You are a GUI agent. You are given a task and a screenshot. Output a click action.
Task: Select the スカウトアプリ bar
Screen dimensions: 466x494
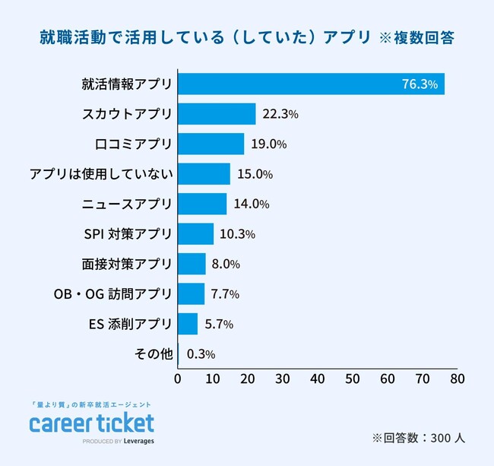217,114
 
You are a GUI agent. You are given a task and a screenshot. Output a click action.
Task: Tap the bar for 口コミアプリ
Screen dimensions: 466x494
211,144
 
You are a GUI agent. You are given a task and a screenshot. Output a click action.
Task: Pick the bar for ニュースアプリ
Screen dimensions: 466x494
202,204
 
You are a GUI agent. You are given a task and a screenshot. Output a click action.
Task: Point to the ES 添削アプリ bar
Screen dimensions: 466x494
188,324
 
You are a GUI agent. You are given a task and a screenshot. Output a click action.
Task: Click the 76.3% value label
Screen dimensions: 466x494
420,84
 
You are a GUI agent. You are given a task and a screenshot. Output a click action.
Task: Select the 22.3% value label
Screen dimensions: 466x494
280,114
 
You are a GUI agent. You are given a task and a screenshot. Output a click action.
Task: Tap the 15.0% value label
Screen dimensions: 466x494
255,174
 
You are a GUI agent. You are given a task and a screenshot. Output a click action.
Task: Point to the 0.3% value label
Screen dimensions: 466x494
200,353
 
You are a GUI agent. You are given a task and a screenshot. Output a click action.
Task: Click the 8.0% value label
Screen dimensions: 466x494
226,264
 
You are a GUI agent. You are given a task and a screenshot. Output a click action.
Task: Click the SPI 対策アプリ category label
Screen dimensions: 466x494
128,234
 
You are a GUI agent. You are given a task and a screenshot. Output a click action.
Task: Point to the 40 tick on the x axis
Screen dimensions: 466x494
318,378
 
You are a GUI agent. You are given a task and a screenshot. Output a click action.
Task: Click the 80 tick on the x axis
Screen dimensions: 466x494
457,378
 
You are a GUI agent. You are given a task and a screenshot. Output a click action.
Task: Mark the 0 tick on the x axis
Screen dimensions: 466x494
178,378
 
